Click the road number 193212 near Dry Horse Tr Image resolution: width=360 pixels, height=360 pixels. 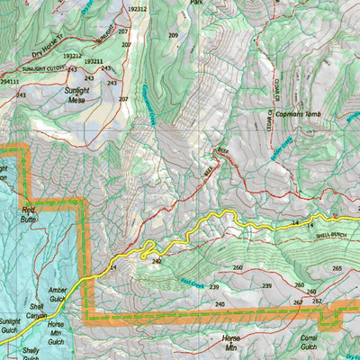coord(73,55)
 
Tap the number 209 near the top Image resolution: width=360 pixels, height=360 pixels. coord(173,35)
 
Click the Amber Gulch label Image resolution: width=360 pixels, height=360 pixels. coord(58,294)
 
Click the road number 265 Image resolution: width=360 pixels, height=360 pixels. coord(336,268)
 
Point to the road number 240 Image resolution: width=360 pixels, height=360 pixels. coord(220,304)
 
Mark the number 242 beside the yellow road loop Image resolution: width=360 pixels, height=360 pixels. coord(157,261)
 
